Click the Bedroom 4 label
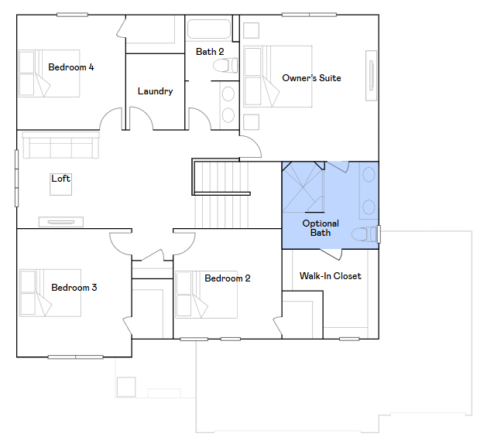click(x=71, y=67)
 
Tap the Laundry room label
click(x=155, y=91)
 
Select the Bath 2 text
click(x=210, y=51)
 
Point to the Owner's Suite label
click(x=311, y=77)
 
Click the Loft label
click(x=60, y=179)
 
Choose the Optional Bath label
click(x=321, y=228)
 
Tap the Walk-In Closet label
click(x=330, y=276)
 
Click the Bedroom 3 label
click(x=74, y=288)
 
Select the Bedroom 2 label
click(x=228, y=278)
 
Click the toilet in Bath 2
click(x=225, y=66)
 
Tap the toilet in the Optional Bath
click(x=364, y=234)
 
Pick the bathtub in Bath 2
click(x=209, y=29)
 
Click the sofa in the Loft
click(x=60, y=145)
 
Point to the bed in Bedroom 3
click(x=50, y=293)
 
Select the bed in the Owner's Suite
click(x=278, y=77)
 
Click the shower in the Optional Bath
click(x=303, y=187)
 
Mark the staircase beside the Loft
click(x=221, y=194)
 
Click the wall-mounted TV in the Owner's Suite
click(x=371, y=76)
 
